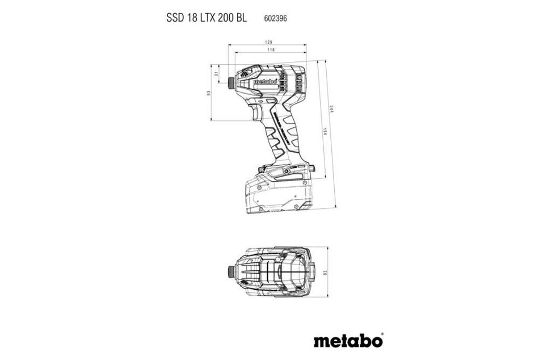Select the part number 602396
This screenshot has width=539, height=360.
coord(275,18)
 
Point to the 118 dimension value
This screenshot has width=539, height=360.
coord(272,51)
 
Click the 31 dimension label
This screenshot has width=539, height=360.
coord(217,74)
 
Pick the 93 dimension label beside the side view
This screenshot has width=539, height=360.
coord(209,93)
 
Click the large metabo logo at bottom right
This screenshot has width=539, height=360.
coord(347,341)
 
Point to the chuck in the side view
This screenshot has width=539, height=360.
coord(232,82)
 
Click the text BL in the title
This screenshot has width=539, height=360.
coord(241,18)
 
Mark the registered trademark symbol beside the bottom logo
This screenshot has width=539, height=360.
coord(382,334)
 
